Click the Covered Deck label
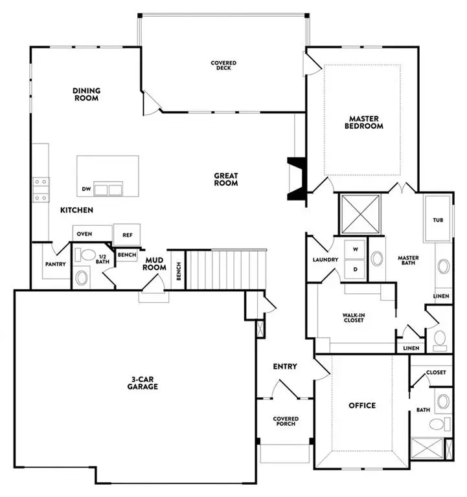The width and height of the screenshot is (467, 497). coord(223,65)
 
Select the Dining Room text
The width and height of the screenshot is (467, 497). coord(85,94)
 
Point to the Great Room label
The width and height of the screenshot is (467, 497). coord(226,179)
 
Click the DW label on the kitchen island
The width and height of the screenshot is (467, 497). coord(85,190)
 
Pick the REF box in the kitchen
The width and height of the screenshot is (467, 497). coord(127,234)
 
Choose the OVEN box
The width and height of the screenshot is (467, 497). coord(84,234)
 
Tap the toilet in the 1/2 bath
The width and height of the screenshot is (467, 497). coord(82,278)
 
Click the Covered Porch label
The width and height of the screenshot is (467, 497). coord(285,421)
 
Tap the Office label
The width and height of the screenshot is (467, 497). coord(362,406)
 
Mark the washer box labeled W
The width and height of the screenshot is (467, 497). coord(355,248)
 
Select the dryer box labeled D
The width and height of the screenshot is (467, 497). coord(355,268)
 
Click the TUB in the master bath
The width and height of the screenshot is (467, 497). coord(438,220)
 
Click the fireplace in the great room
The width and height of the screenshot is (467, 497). coord(296,181)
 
